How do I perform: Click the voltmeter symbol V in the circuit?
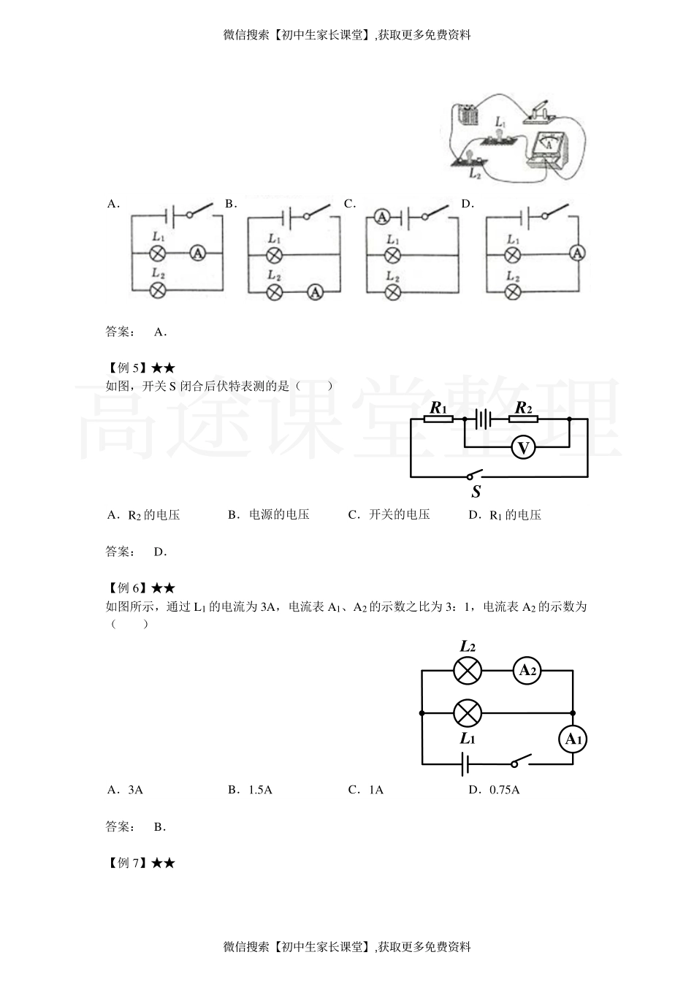[x=523, y=447]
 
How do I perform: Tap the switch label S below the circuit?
[x=476, y=492]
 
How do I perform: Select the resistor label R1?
[x=438, y=408]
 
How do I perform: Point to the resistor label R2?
[x=523, y=408]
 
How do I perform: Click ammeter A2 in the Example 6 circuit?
[x=527, y=671]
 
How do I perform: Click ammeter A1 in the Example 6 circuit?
[x=573, y=739]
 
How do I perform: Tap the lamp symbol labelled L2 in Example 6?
[x=468, y=671]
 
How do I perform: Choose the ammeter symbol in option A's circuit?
[x=198, y=254]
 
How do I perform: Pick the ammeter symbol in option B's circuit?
[x=315, y=291]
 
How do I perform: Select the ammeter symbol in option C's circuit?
[x=382, y=216]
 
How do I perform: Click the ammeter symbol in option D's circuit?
[x=578, y=253]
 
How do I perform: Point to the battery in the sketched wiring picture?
[x=466, y=115]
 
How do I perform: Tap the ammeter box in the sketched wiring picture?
[x=548, y=149]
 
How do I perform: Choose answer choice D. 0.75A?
[x=495, y=790]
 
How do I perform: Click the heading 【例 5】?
[x=127, y=368]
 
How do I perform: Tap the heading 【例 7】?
[x=127, y=863]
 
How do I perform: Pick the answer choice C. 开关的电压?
[x=389, y=515]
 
